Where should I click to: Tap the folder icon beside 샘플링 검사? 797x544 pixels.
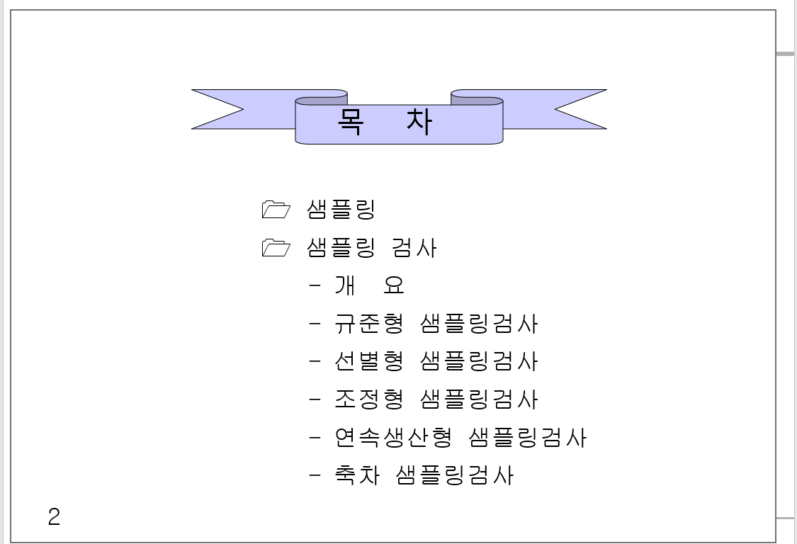(276, 247)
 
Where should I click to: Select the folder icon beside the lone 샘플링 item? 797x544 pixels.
(276, 209)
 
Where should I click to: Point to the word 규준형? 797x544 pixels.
(368, 324)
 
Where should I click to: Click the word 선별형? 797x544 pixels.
(368, 361)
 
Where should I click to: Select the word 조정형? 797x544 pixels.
(368, 399)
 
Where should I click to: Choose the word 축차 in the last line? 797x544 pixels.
(356, 475)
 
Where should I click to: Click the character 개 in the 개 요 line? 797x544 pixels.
(344, 285)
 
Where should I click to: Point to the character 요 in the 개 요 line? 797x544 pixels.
(393, 285)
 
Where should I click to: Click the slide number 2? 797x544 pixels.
(54, 517)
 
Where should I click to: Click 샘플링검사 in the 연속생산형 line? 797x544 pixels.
(528, 438)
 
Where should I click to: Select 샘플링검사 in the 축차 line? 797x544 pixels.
(455, 475)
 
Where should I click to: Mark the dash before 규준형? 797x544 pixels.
(315, 324)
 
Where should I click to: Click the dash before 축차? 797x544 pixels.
(315, 475)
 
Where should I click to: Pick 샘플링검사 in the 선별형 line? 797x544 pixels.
(479, 361)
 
